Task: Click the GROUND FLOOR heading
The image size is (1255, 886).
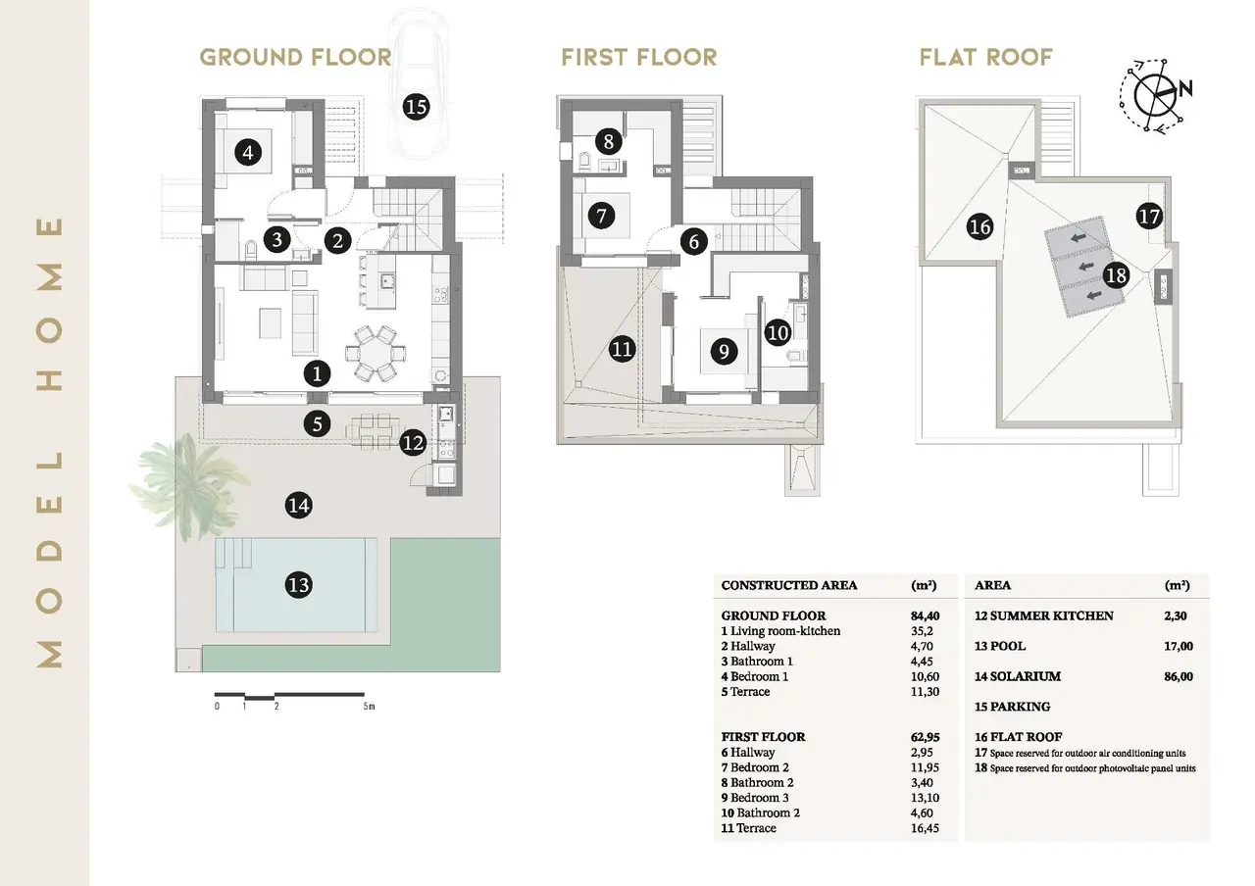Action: click(x=295, y=58)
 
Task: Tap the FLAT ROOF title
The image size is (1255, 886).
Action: click(x=985, y=58)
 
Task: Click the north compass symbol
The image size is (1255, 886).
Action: click(x=1155, y=95)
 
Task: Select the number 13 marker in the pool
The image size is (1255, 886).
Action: click(x=299, y=585)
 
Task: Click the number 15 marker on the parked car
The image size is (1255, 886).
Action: click(x=417, y=107)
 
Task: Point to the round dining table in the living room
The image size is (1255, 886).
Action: click(x=376, y=354)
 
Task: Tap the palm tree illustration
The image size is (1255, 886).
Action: click(x=187, y=485)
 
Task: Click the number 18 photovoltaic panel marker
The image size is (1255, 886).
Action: click(x=1116, y=275)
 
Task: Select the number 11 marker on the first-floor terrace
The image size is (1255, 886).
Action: click(x=622, y=350)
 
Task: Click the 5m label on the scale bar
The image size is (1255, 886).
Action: click(x=369, y=707)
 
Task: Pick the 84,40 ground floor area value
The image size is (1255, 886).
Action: click(x=925, y=616)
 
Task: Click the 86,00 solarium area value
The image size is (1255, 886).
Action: click(x=1179, y=676)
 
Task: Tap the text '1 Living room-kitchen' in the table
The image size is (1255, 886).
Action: click(x=780, y=631)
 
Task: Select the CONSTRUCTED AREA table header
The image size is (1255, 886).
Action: click(x=789, y=586)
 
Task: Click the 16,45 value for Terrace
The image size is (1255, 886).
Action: click(x=925, y=828)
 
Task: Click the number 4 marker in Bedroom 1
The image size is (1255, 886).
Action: click(x=248, y=152)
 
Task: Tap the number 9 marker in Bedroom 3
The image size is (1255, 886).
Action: click(x=724, y=352)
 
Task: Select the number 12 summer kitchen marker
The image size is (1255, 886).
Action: click(x=413, y=444)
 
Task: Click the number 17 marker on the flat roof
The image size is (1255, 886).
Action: click(x=1149, y=217)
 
